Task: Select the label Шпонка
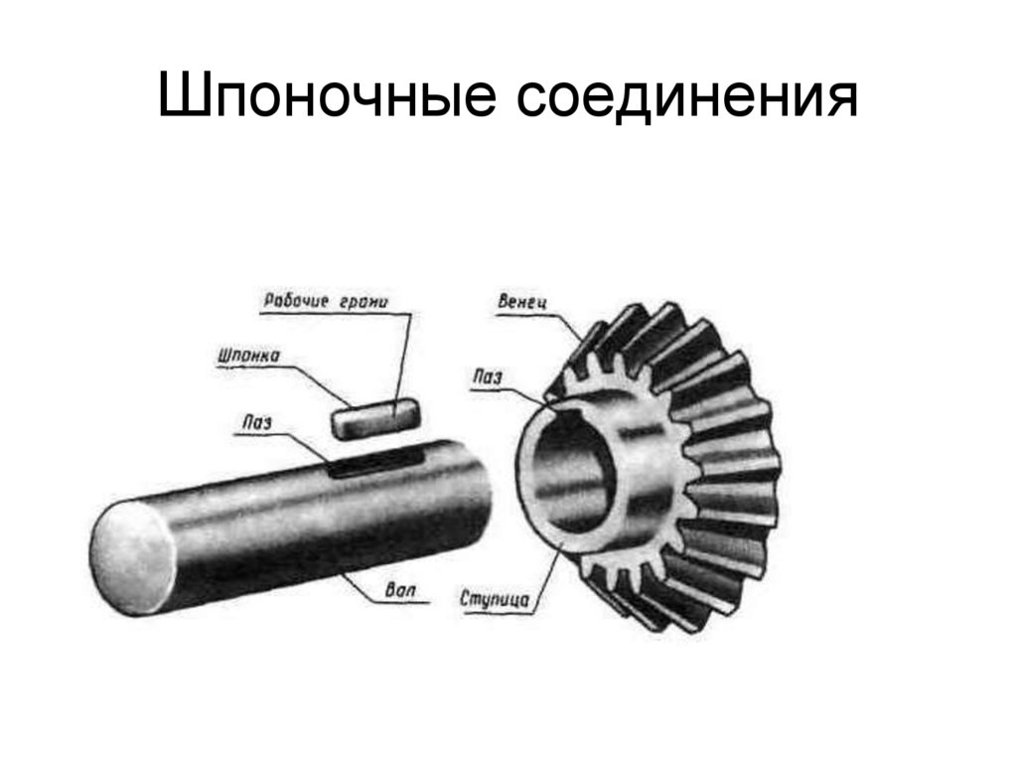247,354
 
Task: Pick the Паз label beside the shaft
255,423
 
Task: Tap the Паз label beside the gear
488,377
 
